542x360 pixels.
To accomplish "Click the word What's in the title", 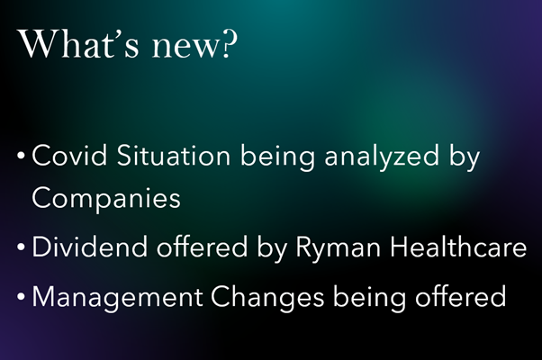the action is click(78, 44).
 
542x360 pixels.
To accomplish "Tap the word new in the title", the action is click(186, 48).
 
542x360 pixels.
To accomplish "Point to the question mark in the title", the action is click(230, 44).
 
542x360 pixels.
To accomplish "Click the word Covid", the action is click(69, 156).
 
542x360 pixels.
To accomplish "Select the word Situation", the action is click(174, 156).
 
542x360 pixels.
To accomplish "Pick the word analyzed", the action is click(382, 157).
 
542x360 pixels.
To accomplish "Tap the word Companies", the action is click(106, 198).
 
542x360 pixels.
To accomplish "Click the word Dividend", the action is click(90, 247).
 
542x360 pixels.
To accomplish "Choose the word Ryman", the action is click(339, 248).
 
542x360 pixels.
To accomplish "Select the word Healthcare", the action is click(458, 247).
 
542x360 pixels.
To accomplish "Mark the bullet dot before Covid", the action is click(21, 157).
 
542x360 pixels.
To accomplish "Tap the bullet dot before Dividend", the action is click(21, 247).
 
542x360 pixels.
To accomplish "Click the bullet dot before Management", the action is click(21, 297).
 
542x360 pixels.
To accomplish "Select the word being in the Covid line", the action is click(277, 157).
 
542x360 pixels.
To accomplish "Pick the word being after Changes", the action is click(369, 298).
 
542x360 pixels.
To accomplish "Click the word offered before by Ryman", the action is click(203, 247).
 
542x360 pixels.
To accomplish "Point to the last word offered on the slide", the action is click(460, 296).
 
